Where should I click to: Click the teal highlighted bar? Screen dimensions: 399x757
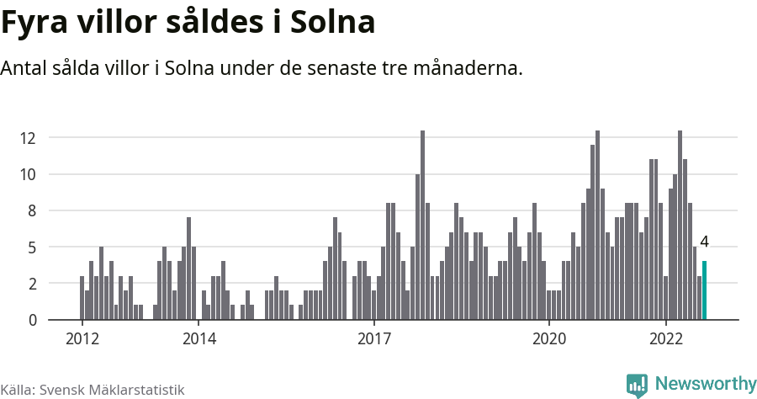(x=705, y=290)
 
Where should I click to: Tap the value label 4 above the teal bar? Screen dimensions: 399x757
(x=704, y=242)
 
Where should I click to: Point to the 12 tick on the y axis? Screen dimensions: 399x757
(x=31, y=138)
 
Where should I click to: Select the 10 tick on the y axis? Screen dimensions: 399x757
(x=31, y=174)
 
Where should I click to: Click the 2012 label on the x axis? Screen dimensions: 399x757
(x=82, y=339)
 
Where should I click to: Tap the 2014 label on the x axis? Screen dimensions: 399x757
(x=199, y=339)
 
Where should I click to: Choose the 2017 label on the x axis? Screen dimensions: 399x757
(x=373, y=339)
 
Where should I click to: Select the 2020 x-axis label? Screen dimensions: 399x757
(x=549, y=339)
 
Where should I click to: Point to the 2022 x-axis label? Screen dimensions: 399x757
(x=665, y=339)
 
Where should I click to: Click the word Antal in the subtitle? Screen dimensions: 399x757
(x=24, y=67)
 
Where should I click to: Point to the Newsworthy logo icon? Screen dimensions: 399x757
(x=637, y=385)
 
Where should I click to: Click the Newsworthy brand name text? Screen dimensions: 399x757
(x=705, y=384)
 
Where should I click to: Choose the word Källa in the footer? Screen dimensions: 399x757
(x=16, y=390)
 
